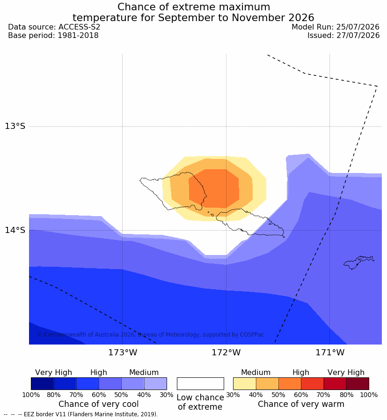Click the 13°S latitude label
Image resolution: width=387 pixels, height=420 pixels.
[x=15, y=126]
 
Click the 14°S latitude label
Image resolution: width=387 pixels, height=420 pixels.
[x=15, y=230]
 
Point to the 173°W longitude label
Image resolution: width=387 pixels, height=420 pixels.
[x=123, y=352]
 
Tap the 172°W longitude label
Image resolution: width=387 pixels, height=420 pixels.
[x=226, y=352]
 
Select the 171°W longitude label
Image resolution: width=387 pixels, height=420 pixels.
[x=330, y=352]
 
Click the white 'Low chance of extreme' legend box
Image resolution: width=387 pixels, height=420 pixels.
[x=200, y=383]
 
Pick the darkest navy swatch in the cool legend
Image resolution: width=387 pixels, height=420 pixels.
[x=42, y=383]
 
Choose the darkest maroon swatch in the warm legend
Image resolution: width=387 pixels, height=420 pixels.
[x=358, y=383]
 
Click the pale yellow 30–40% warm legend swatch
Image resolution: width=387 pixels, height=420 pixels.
[x=244, y=383]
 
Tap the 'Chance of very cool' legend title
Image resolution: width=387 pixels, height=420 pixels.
[x=98, y=404]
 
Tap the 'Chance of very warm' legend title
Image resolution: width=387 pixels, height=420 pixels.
[x=301, y=404]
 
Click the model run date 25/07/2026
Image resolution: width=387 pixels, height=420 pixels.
[x=358, y=27]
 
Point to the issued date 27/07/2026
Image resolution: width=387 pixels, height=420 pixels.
[x=358, y=35]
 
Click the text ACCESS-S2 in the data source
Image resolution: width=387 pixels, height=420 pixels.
[x=79, y=27]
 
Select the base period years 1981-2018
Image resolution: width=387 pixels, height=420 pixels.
[x=78, y=35]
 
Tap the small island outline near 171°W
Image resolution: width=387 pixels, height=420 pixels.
[x=358, y=262]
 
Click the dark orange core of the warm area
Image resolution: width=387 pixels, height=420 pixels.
[x=214, y=188]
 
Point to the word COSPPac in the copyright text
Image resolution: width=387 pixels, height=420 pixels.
[x=252, y=335]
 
